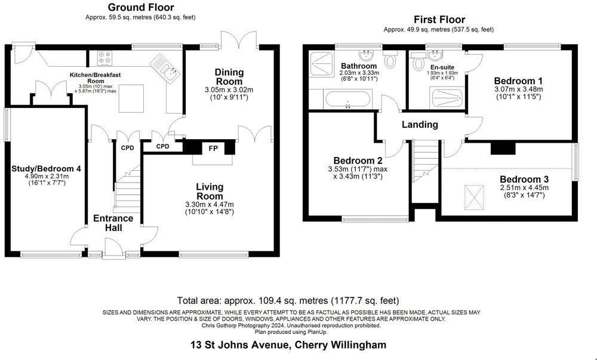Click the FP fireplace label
[213, 148]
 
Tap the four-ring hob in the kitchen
[104, 57]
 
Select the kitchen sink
[165, 68]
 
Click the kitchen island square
[131, 99]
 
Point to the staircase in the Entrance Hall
[127, 189]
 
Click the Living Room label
[210, 192]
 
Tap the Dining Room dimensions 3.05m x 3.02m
[229, 90]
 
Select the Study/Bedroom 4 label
[46, 168]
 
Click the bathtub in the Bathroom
[347, 99]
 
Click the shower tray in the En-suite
[447, 98]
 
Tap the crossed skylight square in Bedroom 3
[474, 198]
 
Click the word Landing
[420, 124]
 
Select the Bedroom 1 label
[518, 81]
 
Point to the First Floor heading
[439, 20]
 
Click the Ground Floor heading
[141, 7]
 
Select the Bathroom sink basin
[367, 56]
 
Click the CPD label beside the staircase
[128, 148]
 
